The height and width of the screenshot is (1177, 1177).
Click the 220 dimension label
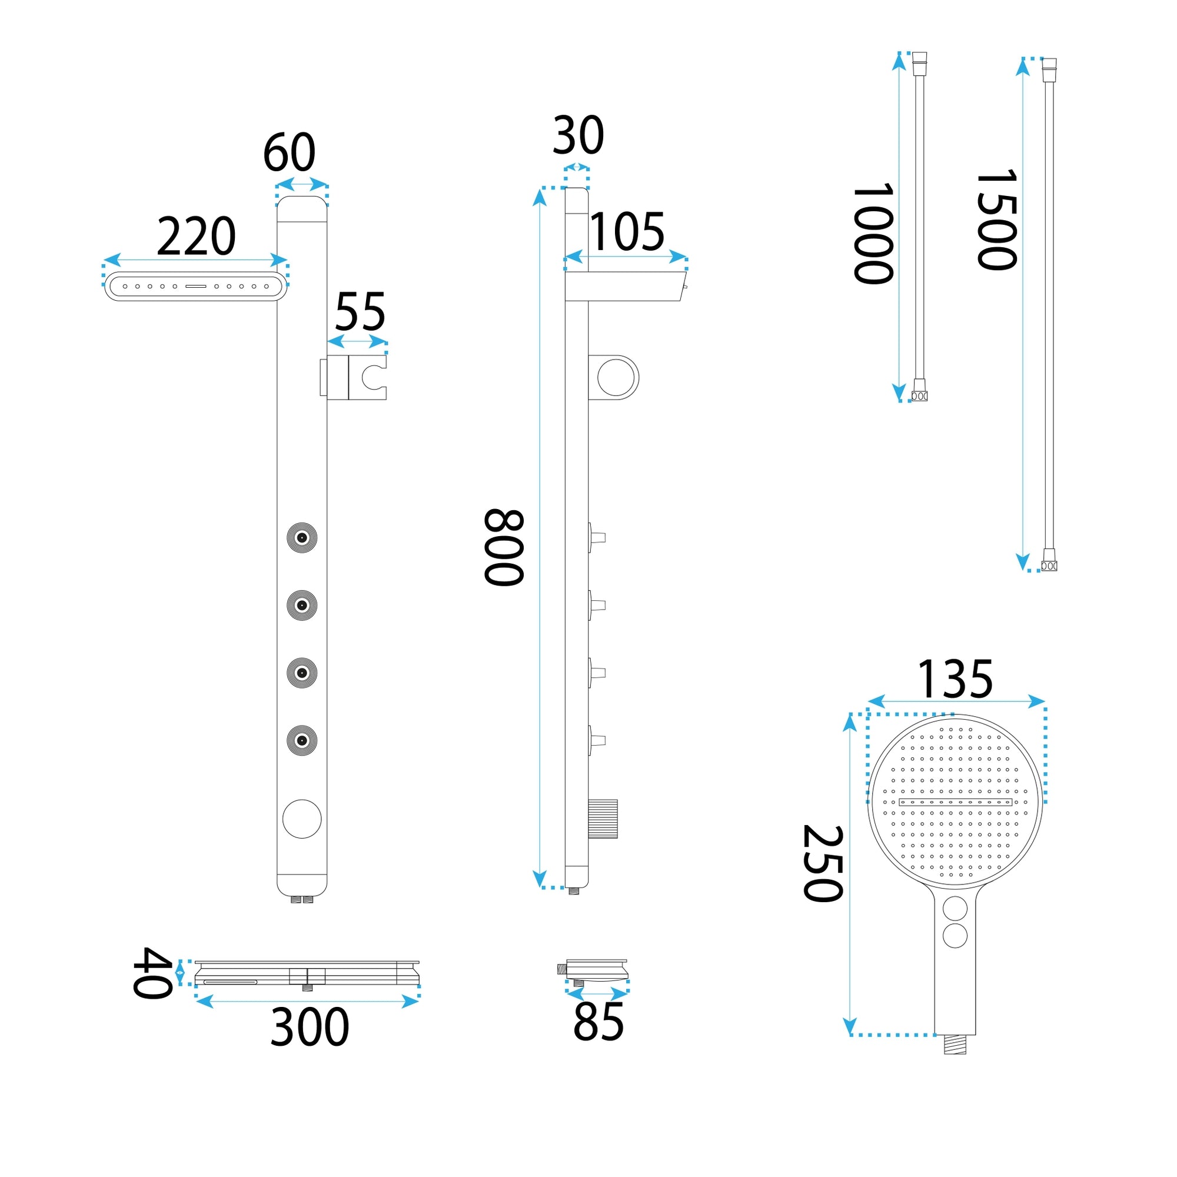click(x=196, y=237)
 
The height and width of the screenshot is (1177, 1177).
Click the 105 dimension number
click(x=627, y=231)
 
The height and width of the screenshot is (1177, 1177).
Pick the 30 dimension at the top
click(x=578, y=135)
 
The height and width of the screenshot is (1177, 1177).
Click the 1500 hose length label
click(x=996, y=220)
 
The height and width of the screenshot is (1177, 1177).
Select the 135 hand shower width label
click(x=955, y=679)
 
